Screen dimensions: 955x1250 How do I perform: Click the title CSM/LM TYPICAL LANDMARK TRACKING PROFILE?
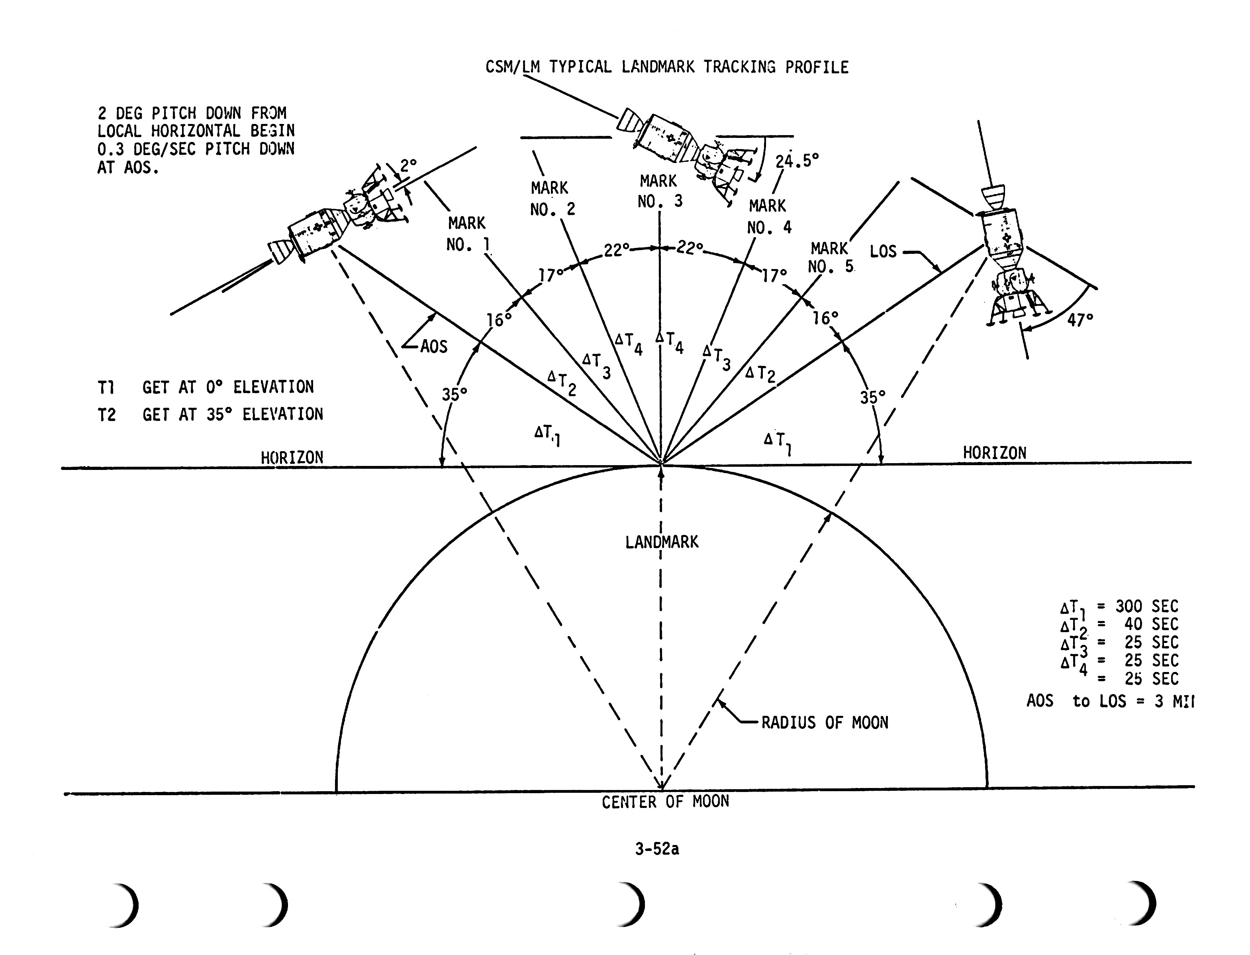(x=666, y=67)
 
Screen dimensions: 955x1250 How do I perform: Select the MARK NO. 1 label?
(x=467, y=234)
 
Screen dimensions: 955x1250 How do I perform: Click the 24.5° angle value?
(x=797, y=161)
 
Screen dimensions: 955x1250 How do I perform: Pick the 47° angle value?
(x=1080, y=320)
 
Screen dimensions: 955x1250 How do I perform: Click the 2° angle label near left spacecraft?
(x=408, y=165)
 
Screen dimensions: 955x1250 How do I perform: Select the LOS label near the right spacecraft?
(x=883, y=251)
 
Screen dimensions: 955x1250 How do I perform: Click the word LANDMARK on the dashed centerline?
(x=662, y=542)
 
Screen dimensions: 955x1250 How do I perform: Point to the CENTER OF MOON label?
(x=665, y=802)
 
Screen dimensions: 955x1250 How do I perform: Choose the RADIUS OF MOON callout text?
(x=825, y=723)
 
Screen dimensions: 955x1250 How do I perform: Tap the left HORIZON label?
(x=292, y=458)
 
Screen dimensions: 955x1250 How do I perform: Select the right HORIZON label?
(x=994, y=453)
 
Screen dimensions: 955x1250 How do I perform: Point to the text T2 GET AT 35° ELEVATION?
(x=210, y=415)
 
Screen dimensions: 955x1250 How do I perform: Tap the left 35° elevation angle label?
(x=455, y=394)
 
